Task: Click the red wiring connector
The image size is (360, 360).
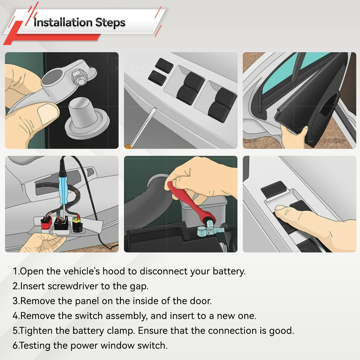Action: click(46, 223)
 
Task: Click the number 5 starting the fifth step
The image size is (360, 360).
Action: click(15, 331)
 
